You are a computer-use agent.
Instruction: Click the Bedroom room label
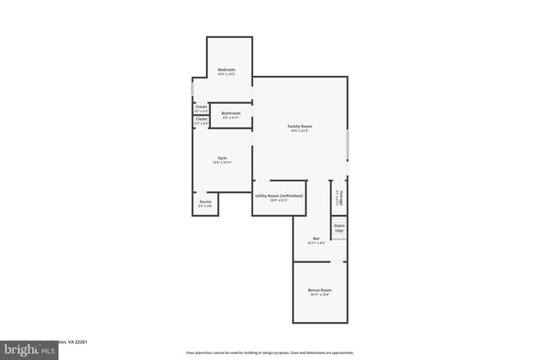226,69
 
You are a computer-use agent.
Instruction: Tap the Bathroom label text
231,113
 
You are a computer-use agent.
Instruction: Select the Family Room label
300,126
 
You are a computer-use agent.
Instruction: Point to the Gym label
223,158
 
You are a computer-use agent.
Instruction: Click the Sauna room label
205,201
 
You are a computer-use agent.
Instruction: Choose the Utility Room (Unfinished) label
278,196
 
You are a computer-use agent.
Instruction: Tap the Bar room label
316,239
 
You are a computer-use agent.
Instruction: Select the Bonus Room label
319,290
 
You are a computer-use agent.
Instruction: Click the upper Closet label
201,107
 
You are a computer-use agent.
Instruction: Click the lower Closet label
201,119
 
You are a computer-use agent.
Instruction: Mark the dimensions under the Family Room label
300,131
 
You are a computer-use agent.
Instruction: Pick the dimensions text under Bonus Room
319,295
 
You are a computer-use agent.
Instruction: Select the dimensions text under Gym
223,163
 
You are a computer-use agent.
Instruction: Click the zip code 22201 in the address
80,341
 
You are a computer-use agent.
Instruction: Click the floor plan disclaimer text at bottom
270,352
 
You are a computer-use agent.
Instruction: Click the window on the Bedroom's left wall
192,88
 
